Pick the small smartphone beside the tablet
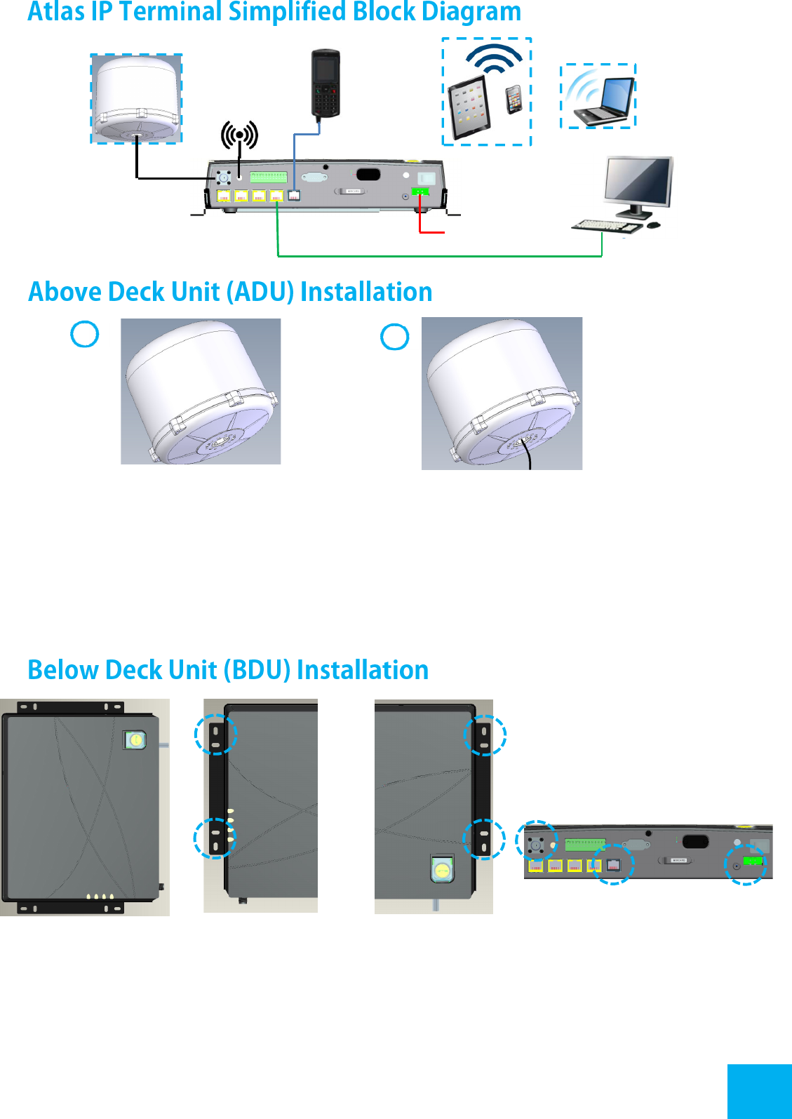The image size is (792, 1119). coord(514,99)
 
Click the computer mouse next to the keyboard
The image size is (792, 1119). coord(653,225)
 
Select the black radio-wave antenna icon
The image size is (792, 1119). coord(239,135)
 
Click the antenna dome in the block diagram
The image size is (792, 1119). coord(137,98)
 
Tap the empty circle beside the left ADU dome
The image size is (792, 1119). coord(85,334)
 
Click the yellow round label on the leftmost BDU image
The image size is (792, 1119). coord(135,739)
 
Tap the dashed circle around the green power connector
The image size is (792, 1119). coord(746,864)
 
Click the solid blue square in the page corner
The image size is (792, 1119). coord(759,1091)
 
